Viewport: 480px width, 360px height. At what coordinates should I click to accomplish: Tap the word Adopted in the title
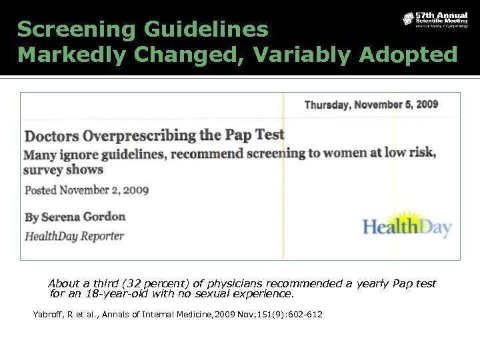(408, 55)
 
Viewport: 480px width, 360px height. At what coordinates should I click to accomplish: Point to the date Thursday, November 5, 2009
(371, 105)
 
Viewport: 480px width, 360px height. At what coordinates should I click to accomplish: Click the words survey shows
(64, 170)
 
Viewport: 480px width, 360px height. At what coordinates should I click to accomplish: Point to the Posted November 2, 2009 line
(87, 190)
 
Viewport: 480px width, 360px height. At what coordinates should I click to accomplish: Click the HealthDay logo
(407, 227)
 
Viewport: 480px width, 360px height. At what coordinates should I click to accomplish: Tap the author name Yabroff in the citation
(49, 314)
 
